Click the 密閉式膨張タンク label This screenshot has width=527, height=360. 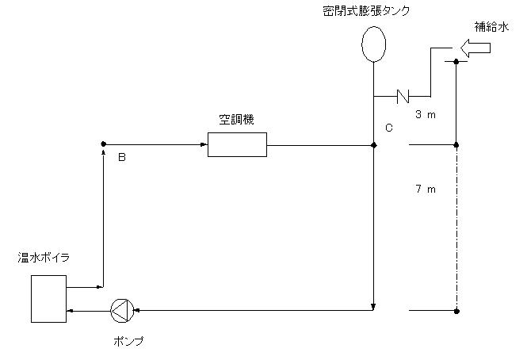[366, 11]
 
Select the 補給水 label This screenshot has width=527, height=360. [491, 27]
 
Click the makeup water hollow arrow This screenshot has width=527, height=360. [475, 48]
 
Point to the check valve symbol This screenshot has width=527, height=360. [403, 96]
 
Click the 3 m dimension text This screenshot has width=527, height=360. [426, 114]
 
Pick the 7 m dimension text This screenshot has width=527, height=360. [426, 189]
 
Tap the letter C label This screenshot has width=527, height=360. [389, 128]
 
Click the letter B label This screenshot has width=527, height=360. [122, 157]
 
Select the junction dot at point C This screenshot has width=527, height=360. [373, 145]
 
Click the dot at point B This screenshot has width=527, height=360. [104, 144]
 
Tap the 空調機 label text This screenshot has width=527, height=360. [237, 120]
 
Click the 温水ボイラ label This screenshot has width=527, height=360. [44, 258]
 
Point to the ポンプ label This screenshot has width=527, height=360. [128, 341]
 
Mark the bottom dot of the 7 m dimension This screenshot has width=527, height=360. [456, 311]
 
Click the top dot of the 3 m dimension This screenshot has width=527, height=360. [456, 62]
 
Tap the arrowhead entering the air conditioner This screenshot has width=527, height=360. [204, 145]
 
